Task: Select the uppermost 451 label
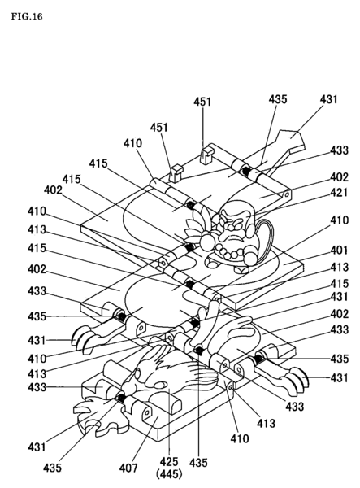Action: (201, 103)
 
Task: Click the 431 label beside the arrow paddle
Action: (329, 99)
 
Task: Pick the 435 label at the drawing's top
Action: (278, 99)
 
